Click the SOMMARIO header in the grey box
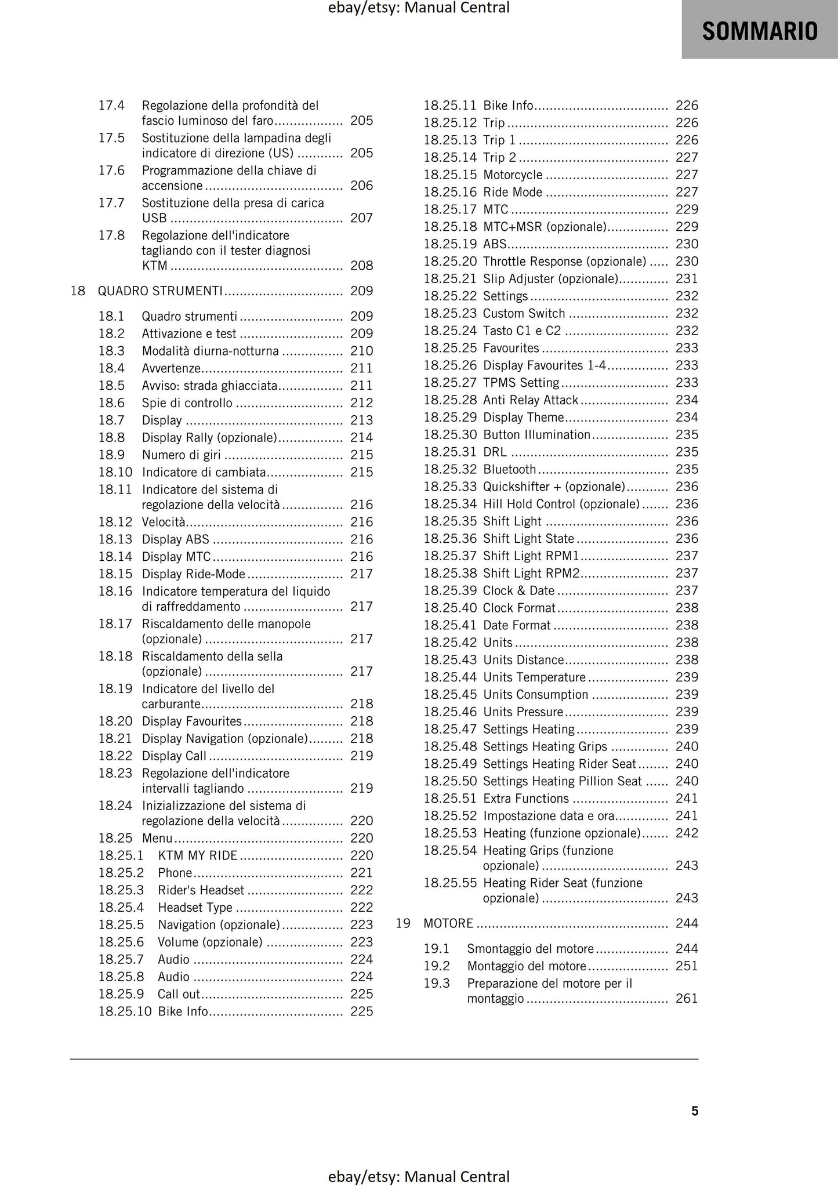point(759,31)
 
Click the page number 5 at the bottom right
point(694,1111)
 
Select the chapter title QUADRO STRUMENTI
point(160,291)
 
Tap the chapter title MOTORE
point(448,923)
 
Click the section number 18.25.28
point(450,400)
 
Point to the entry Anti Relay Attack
point(530,400)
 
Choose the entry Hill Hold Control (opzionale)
point(561,503)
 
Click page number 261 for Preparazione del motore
point(687,998)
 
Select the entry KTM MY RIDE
point(197,855)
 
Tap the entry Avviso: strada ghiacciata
point(209,385)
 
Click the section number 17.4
point(111,106)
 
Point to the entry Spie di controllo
point(187,402)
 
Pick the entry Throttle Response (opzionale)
point(564,261)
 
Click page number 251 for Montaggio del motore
point(687,966)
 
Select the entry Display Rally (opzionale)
point(209,437)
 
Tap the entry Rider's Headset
point(201,890)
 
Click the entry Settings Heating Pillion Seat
point(562,781)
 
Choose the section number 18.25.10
point(125,1011)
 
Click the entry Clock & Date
point(518,590)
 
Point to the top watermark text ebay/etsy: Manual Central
point(419,8)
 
